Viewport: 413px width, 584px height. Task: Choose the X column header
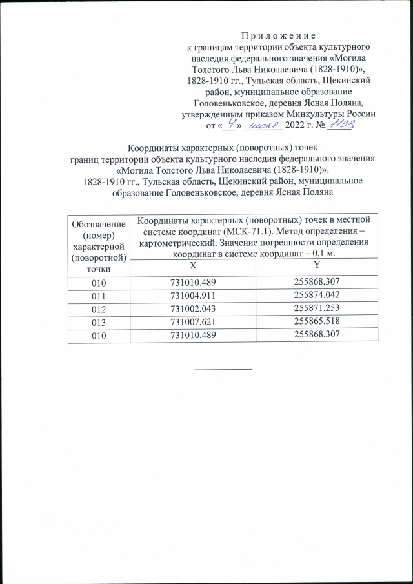click(193, 266)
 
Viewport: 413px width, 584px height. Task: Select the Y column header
click(316, 266)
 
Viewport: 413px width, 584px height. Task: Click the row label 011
click(99, 296)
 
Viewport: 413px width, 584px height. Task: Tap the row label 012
click(99, 309)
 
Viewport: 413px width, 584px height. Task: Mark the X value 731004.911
click(193, 296)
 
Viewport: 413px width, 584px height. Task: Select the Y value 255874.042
click(316, 296)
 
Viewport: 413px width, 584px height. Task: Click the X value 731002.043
click(193, 309)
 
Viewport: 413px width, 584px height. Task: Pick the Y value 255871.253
click(316, 309)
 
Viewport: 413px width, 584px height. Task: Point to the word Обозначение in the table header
click(99, 223)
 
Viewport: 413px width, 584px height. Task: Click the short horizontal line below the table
click(223, 368)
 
